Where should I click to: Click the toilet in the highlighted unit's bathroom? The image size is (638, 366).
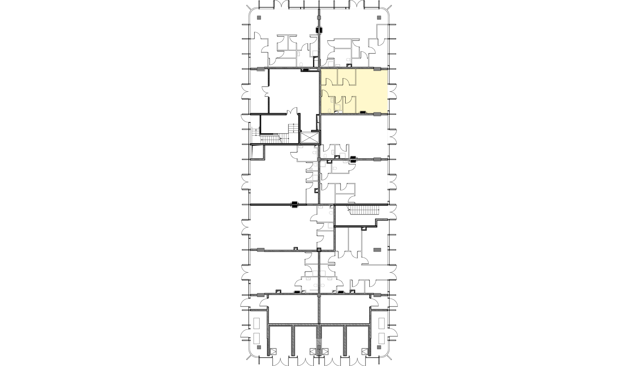330,110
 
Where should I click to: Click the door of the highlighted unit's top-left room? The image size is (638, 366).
329,82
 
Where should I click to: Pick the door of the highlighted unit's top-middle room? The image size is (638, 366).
346,82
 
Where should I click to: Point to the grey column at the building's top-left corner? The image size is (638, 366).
259,18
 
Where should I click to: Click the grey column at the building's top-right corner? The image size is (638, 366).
379,18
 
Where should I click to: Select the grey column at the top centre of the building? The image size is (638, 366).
319,18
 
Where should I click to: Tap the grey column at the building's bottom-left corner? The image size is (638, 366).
259,347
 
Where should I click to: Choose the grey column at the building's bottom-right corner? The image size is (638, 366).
379,347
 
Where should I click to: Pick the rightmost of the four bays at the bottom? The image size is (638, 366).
357,341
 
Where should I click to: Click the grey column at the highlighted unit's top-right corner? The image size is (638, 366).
377,69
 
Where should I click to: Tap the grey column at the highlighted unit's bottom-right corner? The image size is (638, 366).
377,114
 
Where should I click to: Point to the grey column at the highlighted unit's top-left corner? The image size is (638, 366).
319,69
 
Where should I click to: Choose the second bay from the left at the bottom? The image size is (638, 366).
305,341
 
